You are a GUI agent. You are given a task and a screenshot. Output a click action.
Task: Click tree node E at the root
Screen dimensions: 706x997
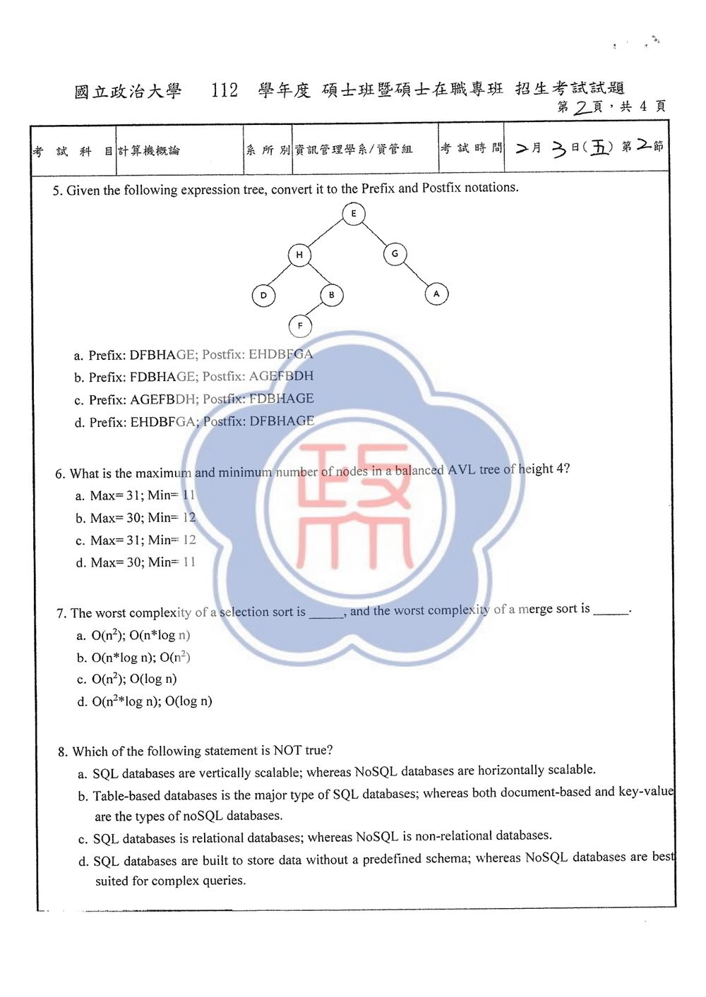354,214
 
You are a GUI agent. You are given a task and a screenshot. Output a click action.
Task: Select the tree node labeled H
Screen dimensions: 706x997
299,255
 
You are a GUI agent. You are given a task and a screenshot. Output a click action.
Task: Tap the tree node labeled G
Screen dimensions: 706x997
395,254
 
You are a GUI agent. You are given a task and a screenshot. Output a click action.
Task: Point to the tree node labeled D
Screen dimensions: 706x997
263,296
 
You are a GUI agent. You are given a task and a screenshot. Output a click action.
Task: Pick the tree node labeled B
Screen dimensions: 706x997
331,295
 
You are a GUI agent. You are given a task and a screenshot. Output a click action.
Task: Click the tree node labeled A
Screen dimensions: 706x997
436,294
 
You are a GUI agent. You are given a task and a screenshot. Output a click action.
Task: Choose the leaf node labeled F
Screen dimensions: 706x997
300,326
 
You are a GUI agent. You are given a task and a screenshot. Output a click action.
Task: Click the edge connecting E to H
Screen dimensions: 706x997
325,234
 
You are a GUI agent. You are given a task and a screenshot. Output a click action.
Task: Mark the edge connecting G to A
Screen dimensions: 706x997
415,273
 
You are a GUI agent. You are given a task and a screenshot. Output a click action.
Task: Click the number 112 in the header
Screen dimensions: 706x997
225,90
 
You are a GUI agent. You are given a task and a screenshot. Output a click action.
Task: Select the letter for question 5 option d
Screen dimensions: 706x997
79,423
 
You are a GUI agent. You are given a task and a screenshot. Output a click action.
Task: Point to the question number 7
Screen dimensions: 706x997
61,613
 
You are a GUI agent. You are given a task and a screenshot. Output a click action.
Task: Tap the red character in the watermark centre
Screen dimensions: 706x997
354,507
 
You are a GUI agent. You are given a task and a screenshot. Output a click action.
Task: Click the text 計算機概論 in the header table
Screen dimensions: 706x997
149,151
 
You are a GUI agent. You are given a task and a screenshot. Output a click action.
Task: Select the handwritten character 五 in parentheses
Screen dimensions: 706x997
599,147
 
